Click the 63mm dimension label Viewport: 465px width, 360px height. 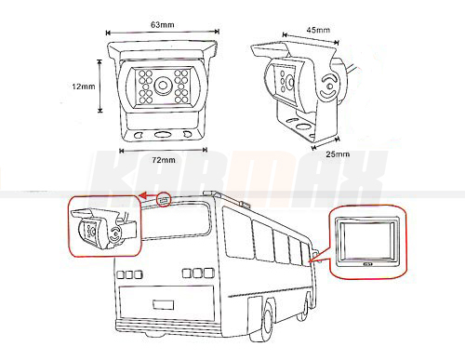pos(163,24)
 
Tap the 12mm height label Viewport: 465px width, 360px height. pos(84,87)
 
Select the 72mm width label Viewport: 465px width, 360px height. pos(164,160)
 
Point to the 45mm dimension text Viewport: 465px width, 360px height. pos(318,30)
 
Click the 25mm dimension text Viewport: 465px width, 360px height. pos(338,154)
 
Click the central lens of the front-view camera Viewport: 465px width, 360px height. pos(163,85)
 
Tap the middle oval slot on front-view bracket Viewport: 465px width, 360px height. pos(163,135)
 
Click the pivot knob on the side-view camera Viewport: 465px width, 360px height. pos(329,86)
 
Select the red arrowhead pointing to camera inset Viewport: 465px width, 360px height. pos(142,195)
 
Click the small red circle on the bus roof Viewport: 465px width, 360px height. pos(165,200)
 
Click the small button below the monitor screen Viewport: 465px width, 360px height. pos(368,265)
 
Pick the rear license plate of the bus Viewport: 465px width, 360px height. pos(163,304)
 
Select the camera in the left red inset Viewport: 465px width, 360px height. pos(104,229)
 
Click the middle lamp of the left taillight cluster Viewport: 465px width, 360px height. pos(129,274)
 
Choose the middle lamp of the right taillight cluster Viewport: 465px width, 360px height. pos(198,273)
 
